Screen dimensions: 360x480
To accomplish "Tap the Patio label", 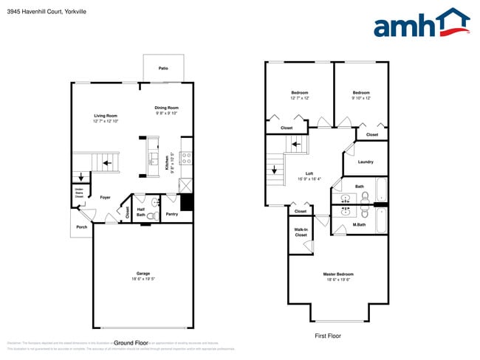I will pyautogui.click(x=163, y=69).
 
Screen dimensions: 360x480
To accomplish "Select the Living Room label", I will pyautogui.click(x=106, y=116).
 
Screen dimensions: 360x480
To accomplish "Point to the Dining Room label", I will pyautogui.click(x=167, y=108).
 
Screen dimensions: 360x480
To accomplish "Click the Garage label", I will pyautogui.click(x=143, y=274).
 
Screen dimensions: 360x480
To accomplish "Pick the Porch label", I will pyautogui.click(x=81, y=226).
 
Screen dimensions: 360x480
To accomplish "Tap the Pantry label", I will pyautogui.click(x=171, y=214).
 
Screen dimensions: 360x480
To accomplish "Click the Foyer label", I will pyautogui.click(x=106, y=197).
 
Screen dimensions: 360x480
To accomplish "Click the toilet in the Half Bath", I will pyautogui.click(x=153, y=215).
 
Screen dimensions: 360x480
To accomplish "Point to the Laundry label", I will pyautogui.click(x=365, y=162).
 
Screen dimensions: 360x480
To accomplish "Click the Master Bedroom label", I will pyautogui.click(x=336, y=274).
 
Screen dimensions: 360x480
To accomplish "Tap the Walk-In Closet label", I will pyautogui.click(x=301, y=232).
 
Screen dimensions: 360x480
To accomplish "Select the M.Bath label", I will pyautogui.click(x=360, y=224).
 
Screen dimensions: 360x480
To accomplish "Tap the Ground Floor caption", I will pyautogui.click(x=133, y=343).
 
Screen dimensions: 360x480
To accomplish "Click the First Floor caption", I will pyautogui.click(x=328, y=336).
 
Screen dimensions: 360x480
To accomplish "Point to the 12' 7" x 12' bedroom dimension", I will pyautogui.click(x=299, y=98).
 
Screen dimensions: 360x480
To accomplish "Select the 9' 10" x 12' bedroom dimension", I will pyautogui.click(x=361, y=98).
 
